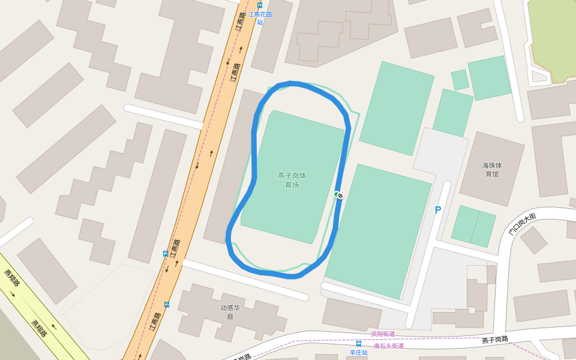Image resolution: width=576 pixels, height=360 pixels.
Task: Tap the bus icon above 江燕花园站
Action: tap(260, 5)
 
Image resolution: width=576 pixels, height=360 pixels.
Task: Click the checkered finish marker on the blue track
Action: tap(340, 195)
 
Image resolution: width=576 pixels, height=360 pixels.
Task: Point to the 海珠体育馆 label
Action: tap(492, 169)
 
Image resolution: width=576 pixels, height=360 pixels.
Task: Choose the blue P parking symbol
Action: tap(438, 210)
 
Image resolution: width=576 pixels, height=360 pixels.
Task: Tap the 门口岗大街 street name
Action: tap(522, 223)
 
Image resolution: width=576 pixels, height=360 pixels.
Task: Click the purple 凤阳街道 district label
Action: tap(383, 334)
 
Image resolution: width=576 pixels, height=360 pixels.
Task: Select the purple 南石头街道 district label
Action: tap(389, 346)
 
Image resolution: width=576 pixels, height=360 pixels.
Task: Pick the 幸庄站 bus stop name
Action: tap(359, 353)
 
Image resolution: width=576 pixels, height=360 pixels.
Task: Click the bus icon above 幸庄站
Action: tap(359, 344)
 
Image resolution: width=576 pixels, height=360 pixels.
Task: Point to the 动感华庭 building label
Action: tap(230, 312)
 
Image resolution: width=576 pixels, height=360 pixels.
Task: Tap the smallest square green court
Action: tap(460, 79)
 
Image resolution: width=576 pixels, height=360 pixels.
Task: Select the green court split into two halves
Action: tap(473, 226)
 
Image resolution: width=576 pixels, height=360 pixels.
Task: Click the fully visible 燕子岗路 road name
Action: tap(495, 340)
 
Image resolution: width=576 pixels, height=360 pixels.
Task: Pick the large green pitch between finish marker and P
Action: tap(378, 231)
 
